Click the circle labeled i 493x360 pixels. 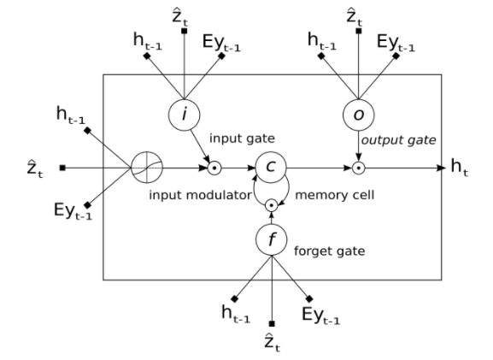184,113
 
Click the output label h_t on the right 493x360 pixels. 459,166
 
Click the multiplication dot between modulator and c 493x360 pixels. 216,166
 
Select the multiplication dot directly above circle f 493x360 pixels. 272,204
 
